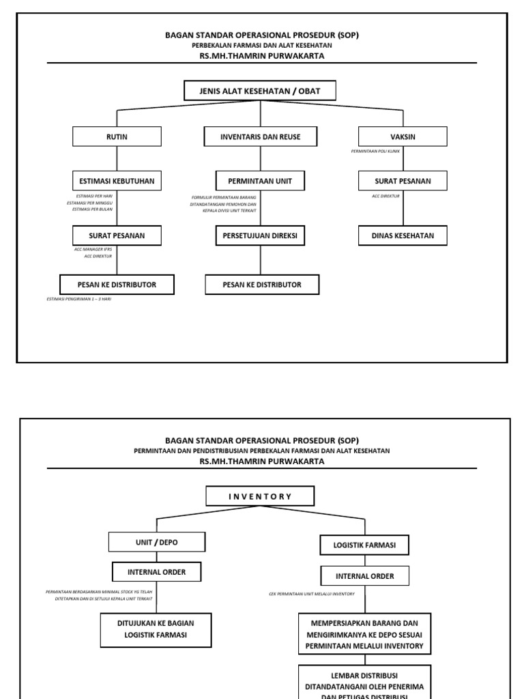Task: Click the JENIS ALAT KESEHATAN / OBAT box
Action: tap(260, 91)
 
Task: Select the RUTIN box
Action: tap(117, 137)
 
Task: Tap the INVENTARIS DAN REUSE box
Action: tap(260, 137)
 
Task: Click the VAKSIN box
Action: tap(403, 137)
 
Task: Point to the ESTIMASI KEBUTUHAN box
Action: tap(117, 181)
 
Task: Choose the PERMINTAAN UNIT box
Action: tap(260, 181)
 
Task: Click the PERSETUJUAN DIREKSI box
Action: tap(260, 236)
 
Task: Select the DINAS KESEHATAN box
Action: tap(403, 236)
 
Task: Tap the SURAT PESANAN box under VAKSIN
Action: tap(403, 181)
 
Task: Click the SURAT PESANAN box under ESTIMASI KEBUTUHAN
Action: tap(117, 236)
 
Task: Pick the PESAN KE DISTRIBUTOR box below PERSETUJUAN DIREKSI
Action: tap(262, 284)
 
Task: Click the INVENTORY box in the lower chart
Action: tap(260, 496)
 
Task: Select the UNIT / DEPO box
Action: tap(157, 542)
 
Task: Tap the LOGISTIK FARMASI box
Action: tap(364, 545)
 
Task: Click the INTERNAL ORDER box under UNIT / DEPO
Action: tap(157, 572)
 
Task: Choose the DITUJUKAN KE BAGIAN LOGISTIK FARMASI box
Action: tap(157, 629)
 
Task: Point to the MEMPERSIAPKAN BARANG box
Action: tap(365, 634)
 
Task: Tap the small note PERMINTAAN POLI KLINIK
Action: tap(375, 150)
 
